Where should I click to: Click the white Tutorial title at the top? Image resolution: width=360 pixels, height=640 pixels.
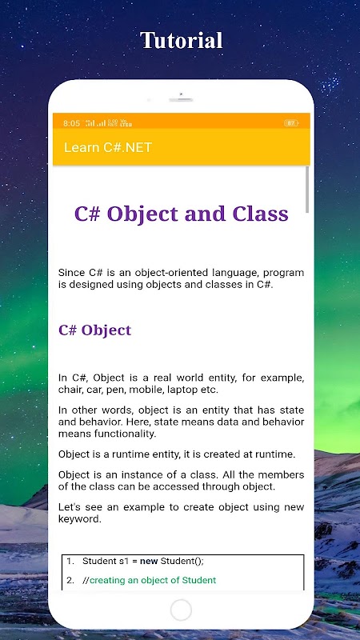(182, 41)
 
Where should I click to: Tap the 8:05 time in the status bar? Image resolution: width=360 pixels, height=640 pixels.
(71, 123)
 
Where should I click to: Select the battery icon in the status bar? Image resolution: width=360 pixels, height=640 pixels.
(291, 123)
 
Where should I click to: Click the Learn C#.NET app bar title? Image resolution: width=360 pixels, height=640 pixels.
(108, 147)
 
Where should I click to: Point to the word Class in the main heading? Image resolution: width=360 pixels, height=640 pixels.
(261, 214)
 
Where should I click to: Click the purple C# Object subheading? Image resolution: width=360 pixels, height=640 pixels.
(94, 330)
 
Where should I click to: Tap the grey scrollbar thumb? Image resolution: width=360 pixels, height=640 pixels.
(307, 190)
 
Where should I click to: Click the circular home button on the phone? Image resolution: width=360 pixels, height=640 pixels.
(181, 610)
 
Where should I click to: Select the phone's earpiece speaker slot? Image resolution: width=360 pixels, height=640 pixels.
(181, 99)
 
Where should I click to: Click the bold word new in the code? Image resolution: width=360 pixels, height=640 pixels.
(149, 562)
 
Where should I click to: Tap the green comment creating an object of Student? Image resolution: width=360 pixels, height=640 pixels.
(153, 580)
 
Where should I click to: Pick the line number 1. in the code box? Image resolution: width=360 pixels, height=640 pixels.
(70, 562)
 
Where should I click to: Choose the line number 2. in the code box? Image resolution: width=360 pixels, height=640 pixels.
(70, 580)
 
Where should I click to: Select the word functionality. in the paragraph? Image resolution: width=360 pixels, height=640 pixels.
(125, 434)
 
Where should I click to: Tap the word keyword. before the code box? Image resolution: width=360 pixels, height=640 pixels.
(79, 519)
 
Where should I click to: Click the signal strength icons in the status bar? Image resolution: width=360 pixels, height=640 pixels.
(95, 123)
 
